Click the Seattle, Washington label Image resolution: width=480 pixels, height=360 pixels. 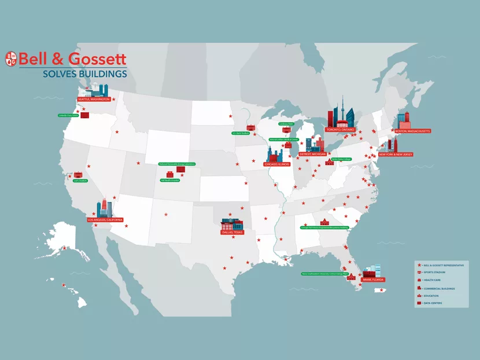pos(93,99)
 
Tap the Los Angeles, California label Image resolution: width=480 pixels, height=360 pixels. pos(105,221)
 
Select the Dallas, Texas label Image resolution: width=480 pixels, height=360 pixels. pos(232,232)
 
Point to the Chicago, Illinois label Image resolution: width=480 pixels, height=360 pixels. pos(276,164)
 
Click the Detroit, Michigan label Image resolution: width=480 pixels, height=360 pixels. pos(313,155)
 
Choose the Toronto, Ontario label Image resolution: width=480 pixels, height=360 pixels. pos(340,130)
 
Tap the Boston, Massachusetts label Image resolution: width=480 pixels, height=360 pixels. pos(412,131)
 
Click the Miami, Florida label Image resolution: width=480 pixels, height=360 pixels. pos(373,279)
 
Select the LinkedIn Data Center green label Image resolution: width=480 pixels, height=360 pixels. pos(68,116)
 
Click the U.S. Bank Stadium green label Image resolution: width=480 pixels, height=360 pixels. pos(241,133)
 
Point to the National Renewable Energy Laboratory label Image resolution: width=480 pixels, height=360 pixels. pos(177,164)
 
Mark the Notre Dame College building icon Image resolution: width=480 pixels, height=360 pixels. pos(330,163)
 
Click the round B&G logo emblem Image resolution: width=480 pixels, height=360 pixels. pos(11,58)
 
